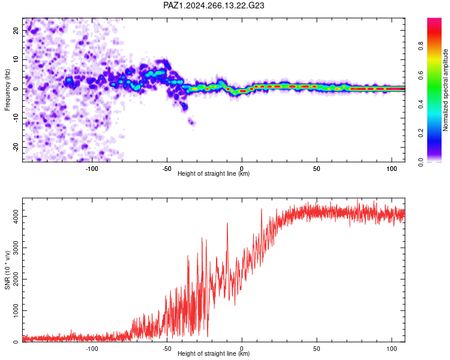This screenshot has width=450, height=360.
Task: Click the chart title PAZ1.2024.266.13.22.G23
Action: (214, 5)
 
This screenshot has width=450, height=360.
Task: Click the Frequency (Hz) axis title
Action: (7, 90)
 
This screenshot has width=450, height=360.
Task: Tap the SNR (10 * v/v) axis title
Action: (7, 270)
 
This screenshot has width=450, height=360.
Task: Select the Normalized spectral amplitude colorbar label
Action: (445, 90)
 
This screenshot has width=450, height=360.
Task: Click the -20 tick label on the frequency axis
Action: (16, 148)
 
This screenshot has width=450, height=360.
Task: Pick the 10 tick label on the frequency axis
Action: (16, 59)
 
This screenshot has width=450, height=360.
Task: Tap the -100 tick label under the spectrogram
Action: (92, 169)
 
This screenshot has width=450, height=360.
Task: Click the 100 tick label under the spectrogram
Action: (392, 169)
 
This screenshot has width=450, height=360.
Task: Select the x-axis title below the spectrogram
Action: (214, 173)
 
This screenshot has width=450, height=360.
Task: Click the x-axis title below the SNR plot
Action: (214, 353)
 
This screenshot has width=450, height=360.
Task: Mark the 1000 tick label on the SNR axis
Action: (16, 311)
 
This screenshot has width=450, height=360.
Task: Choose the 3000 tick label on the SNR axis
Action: (16, 248)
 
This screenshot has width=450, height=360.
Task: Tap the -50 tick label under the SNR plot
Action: (167, 349)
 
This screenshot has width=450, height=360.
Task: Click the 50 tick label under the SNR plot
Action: (317, 349)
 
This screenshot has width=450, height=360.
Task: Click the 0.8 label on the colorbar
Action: (421, 46)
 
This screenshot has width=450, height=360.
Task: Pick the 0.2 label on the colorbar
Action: (421, 133)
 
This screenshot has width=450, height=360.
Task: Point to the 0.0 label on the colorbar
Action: (421, 162)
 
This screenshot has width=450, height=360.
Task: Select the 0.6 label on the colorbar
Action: (421, 75)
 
